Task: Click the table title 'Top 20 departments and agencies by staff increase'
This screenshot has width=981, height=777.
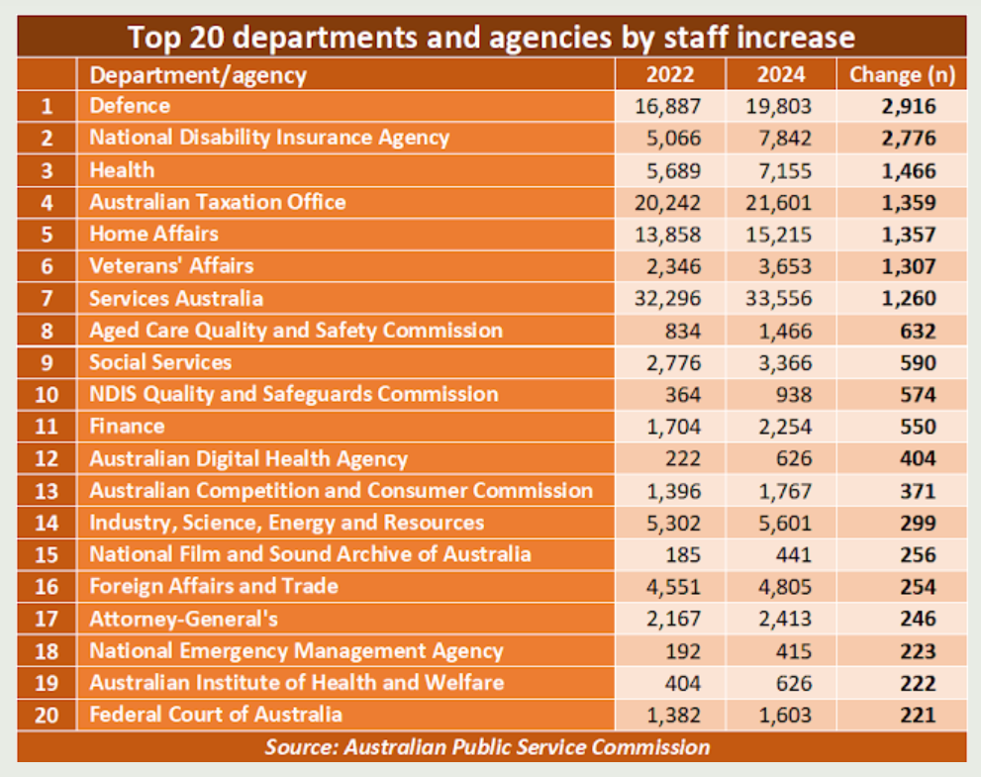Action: [x=491, y=37]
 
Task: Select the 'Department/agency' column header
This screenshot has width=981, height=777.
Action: [x=198, y=74]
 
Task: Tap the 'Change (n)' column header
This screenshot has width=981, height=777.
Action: [x=901, y=74]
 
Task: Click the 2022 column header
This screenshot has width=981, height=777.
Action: [x=670, y=74]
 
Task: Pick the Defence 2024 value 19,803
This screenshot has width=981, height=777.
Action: [x=781, y=106]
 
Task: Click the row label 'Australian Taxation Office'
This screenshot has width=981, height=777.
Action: [x=218, y=202]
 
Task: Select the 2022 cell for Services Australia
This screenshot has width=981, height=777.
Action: [x=669, y=298]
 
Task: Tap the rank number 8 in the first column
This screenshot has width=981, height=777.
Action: [x=47, y=331]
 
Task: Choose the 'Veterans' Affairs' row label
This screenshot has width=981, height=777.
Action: [x=171, y=265]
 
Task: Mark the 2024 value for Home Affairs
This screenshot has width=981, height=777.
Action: [x=781, y=234]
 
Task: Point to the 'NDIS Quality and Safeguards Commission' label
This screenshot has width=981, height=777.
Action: [x=294, y=394]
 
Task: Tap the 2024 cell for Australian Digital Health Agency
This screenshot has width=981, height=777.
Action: [x=793, y=458]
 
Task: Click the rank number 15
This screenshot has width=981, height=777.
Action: [x=47, y=554]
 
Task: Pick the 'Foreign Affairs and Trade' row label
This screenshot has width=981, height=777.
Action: [x=214, y=586]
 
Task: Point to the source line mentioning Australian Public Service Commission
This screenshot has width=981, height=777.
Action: [x=487, y=747]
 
